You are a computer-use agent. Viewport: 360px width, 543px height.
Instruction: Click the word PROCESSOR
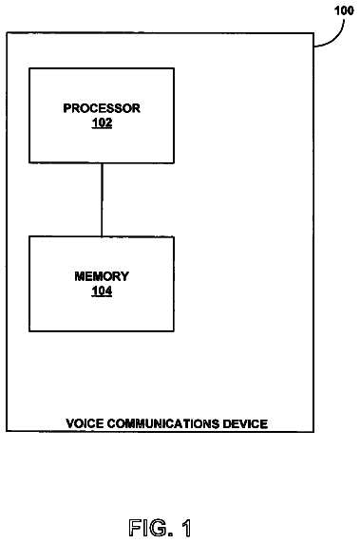pyautogui.click(x=102, y=108)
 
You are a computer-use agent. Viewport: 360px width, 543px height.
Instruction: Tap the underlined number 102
pyautogui.click(x=102, y=123)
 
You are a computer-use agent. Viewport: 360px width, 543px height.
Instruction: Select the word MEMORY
pyautogui.click(x=102, y=276)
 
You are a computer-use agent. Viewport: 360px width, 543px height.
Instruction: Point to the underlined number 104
pyautogui.click(x=102, y=290)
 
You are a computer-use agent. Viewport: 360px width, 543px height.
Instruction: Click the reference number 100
pyautogui.click(x=344, y=10)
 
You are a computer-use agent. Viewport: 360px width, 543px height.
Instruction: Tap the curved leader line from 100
pyautogui.click(x=336, y=39)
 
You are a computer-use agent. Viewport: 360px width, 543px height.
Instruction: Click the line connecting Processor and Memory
pyautogui.click(x=102, y=199)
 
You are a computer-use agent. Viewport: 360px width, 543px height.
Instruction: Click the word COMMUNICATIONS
pyautogui.click(x=162, y=423)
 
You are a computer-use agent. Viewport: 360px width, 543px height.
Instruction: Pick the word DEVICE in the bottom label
pyautogui.click(x=245, y=423)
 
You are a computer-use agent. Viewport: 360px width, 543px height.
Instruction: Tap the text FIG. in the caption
pyautogui.click(x=151, y=528)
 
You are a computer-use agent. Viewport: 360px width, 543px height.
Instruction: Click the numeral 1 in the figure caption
pyautogui.click(x=186, y=528)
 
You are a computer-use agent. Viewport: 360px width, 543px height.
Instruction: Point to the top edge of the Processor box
pyautogui.click(x=102, y=68)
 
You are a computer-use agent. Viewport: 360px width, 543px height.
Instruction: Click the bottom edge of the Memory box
pyautogui.click(x=102, y=331)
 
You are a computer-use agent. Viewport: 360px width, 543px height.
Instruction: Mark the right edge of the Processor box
pyautogui.click(x=174, y=116)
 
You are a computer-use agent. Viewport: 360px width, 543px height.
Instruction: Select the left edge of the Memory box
pyautogui.click(x=29, y=284)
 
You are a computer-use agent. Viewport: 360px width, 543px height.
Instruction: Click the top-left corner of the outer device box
pyautogui.click(x=7, y=33)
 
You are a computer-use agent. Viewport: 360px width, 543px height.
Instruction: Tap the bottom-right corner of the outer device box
pyautogui.click(x=313, y=432)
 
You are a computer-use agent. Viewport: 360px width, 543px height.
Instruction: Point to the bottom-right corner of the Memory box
pyautogui.click(x=174, y=331)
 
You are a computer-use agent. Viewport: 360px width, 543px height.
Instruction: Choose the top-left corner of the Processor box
pyautogui.click(x=29, y=68)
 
